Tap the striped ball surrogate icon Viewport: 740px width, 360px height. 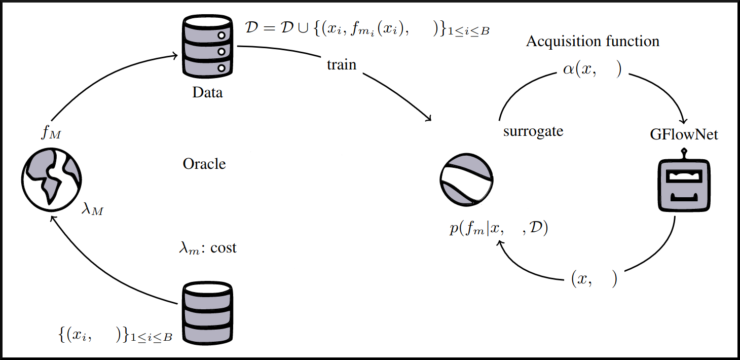466,181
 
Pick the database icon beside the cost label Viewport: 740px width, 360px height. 208,311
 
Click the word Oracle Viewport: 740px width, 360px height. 204,164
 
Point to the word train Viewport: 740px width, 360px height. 342,65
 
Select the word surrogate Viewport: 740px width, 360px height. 533,131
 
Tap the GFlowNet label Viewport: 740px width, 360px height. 684,135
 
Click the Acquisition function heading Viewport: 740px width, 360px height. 593,41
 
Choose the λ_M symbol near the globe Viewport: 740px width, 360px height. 92,209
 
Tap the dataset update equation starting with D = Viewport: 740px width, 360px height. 366,29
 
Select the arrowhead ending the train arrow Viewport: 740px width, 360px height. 429,119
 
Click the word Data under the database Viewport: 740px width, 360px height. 207,93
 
